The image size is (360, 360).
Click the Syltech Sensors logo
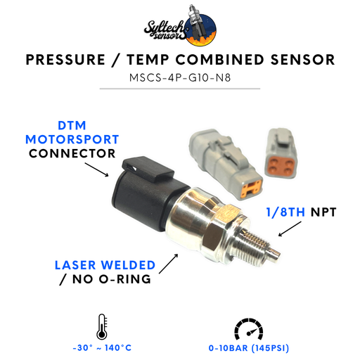180,25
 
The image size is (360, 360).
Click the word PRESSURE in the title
65,60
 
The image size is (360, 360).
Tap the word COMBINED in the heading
220,60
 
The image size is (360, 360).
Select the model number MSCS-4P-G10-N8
180,77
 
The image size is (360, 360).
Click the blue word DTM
72,125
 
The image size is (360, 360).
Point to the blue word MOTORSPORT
72,139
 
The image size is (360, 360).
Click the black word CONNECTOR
72,153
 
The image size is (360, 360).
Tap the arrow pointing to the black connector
96,169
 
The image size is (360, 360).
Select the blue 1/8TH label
285,212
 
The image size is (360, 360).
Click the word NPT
323,212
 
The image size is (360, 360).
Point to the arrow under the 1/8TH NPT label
290,229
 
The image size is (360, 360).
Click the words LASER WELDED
105,265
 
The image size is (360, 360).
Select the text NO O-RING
112,279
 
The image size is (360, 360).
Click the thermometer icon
102,327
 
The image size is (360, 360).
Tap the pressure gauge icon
249,329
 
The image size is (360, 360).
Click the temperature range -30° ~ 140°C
102,348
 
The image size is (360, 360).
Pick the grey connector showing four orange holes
281,153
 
